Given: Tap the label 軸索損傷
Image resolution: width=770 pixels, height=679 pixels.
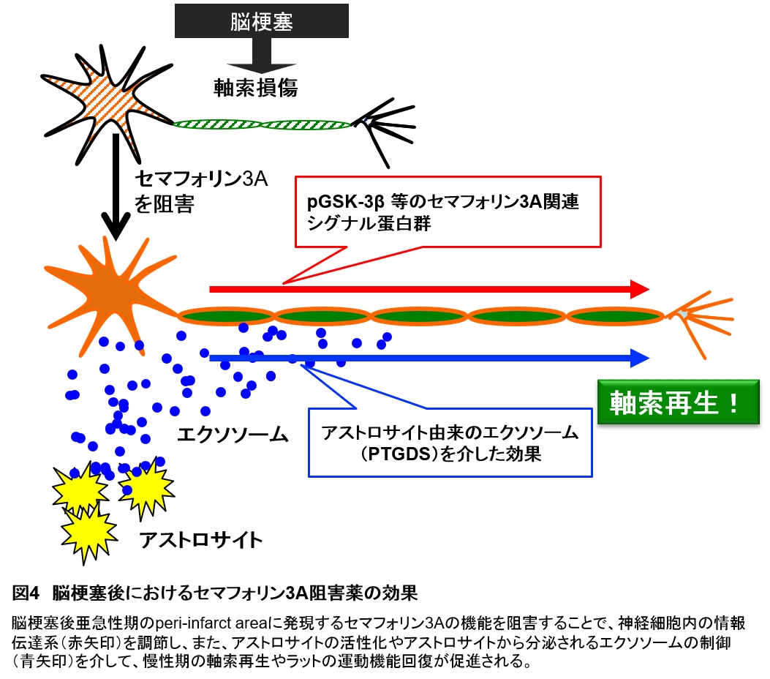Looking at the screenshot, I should click(x=255, y=88).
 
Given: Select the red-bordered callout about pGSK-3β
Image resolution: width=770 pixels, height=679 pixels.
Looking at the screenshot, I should click(x=447, y=211).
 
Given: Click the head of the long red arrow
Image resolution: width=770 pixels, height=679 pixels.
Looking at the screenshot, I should click(x=641, y=289).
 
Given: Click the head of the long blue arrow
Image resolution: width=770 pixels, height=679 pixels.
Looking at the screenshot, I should click(x=641, y=358).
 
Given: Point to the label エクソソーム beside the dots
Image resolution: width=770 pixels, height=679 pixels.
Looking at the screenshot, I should click(x=233, y=435).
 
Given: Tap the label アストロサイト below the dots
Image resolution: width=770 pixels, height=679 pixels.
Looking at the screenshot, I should click(x=200, y=541).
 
